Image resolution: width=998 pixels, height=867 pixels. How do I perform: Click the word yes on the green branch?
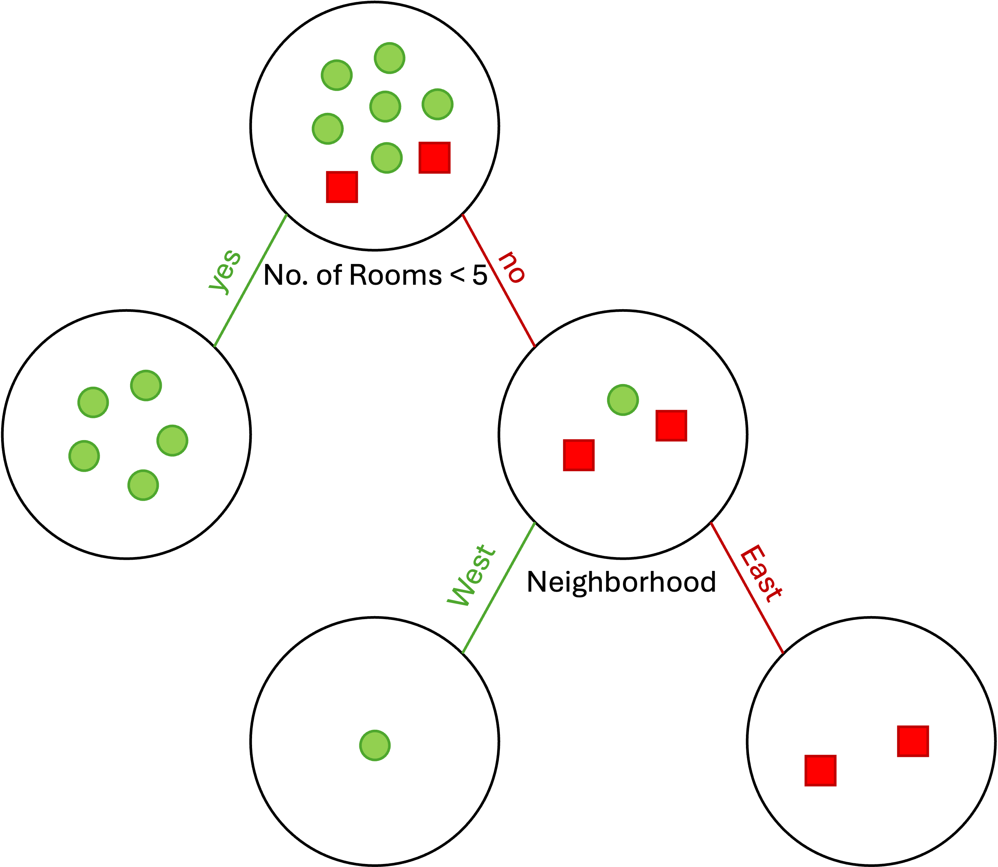225,272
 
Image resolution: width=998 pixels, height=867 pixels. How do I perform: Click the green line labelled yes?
251,280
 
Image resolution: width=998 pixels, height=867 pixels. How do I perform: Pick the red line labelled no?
498,280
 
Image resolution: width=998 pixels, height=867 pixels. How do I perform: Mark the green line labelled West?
499,588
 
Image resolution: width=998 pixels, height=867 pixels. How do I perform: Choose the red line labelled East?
746,588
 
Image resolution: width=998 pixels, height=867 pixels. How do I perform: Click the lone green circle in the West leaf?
375,746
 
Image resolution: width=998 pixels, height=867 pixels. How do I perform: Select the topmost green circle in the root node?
389,58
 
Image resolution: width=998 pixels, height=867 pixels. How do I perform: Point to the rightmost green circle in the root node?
437,104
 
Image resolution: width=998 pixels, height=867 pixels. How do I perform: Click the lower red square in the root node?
342,187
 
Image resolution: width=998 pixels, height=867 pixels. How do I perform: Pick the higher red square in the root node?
434,157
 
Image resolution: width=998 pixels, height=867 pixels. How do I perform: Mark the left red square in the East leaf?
820,771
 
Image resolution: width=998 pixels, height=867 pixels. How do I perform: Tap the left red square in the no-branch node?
579,455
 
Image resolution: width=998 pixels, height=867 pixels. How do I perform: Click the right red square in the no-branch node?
671,426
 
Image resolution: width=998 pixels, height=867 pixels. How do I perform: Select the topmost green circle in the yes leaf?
146,386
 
